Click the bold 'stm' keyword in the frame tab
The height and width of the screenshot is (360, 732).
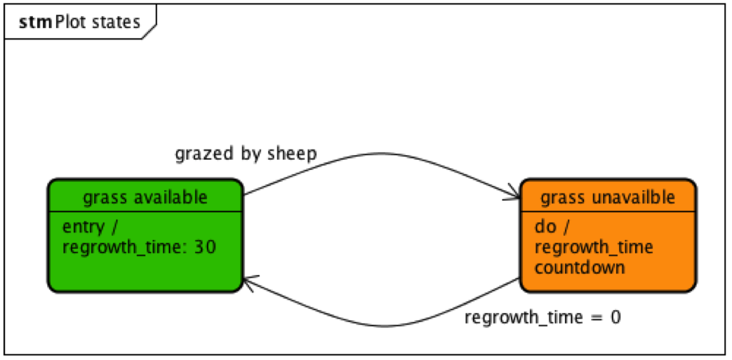point(33,22)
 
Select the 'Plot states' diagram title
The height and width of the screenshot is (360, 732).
point(96,22)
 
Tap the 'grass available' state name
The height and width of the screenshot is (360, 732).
point(145,197)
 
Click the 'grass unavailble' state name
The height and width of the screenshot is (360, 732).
point(608,198)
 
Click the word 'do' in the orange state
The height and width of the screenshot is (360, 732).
point(544,227)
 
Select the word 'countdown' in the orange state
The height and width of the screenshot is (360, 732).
point(579,267)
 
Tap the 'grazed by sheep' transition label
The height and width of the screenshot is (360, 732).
point(246,154)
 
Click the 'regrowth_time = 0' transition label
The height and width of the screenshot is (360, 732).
point(543,317)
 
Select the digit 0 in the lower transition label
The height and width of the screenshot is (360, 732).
point(615,317)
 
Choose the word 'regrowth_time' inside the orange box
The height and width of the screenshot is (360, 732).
point(594,247)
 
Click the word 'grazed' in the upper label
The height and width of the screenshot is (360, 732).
point(198,154)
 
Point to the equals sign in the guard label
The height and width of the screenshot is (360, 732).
point(594,318)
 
